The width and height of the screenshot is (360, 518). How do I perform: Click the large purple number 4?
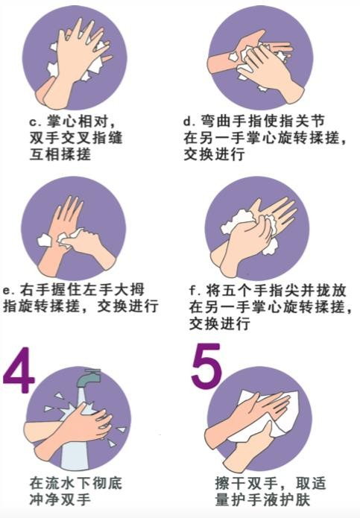[x=19, y=370]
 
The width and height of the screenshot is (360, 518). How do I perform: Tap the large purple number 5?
[x=206, y=366]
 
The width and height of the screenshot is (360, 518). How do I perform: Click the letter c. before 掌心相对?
[x=36, y=121]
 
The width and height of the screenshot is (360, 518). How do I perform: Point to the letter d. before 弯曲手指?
[x=189, y=121]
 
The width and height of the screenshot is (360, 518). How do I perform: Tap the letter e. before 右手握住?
[x=9, y=291]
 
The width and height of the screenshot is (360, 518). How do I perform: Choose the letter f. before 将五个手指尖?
[x=195, y=291]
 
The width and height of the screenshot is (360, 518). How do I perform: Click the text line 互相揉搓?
[x=60, y=154]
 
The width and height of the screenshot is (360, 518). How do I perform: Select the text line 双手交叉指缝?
[x=76, y=138]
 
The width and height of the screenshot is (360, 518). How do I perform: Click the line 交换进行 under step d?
[x=215, y=154]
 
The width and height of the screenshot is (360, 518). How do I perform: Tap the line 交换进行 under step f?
[x=220, y=323]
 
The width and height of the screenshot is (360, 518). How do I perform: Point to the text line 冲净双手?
[x=60, y=499]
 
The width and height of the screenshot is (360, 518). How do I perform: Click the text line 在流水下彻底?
[x=76, y=483]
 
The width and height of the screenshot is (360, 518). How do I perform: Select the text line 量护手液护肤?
[x=262, y=499]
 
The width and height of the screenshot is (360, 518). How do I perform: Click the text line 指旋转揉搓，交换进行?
[x=80, y=306]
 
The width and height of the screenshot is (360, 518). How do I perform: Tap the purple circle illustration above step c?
[x=75, y=57]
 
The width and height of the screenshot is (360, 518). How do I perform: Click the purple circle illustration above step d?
[x=261, y=57]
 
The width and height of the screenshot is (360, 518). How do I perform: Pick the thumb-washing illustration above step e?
[x=74, y=229]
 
